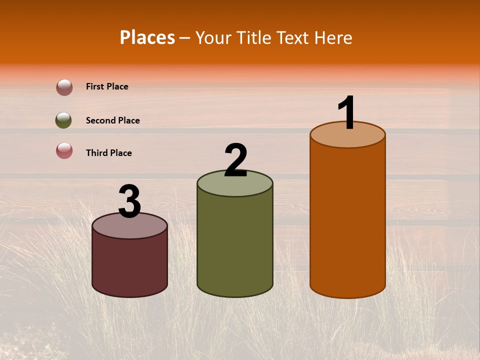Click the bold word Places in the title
(x=147, y=37)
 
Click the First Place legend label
(x=107, y=86)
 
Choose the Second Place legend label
(x=112, y=120)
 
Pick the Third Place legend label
(x=108, y=153)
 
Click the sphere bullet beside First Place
(x=64, y=87)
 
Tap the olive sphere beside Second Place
(x=63, y=120)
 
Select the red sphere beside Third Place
(x=64, y=150)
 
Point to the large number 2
(x=235, y=160)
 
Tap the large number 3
(x=129, y=202)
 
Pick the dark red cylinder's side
(x=129, y=265)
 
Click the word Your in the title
(x=212, y=37)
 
